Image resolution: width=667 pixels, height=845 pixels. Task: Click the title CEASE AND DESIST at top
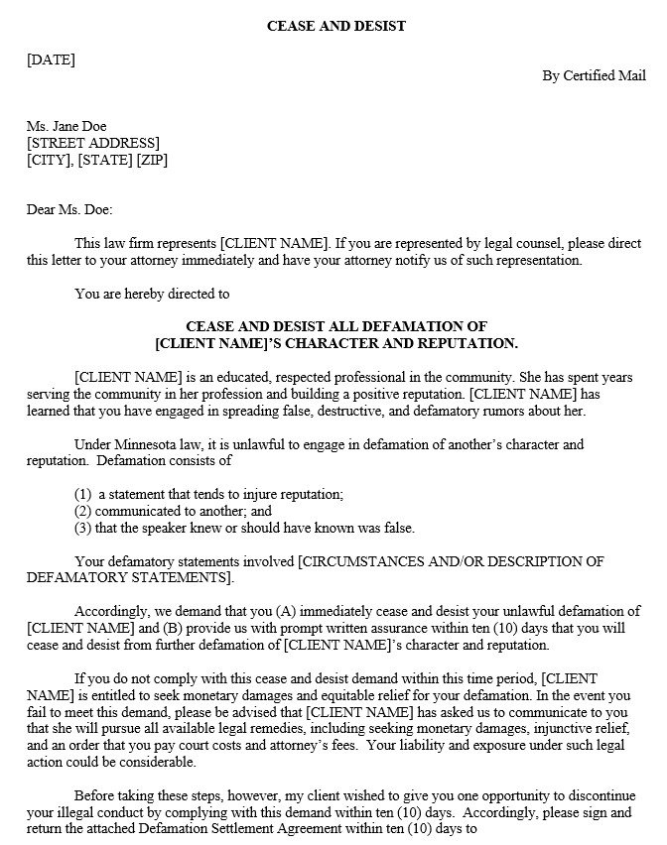tap(335, 26)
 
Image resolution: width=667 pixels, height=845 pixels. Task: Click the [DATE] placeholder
tap(51, 60)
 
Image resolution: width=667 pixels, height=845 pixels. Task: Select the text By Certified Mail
tap(594, 75)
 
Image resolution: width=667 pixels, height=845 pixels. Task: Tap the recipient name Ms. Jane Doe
tap(67, 126)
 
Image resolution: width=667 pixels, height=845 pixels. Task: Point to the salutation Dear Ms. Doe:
tap(69, 209)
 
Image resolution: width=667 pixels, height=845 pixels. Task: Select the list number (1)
tap(84, 493)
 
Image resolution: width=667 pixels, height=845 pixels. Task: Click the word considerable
tap(161, 763)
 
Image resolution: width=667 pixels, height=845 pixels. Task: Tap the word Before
tap(95, 795)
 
